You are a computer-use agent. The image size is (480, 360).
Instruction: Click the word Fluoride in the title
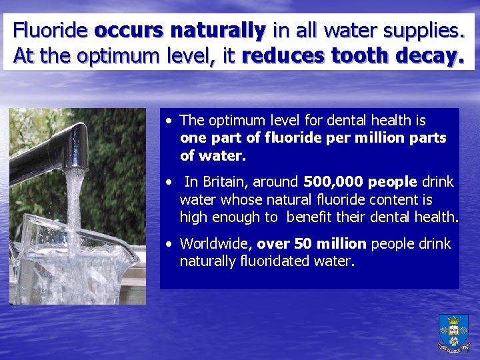51,30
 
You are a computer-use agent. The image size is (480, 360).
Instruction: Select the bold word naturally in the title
218,30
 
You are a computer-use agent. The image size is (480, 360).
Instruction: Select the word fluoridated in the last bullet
273,261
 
